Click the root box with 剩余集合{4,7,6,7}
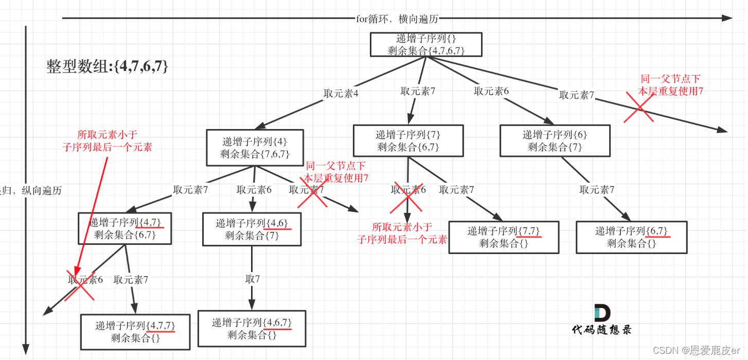click(426, 44)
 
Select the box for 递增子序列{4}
click(255, 147)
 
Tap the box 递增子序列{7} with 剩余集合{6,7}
click(408, 141)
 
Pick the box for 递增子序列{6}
click(555, 141)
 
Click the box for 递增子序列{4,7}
click(124, 228)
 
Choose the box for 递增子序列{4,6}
click(252, 229)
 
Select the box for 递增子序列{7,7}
click(504, 237)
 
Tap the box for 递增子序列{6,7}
click(631, 237)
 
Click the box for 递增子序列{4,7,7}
click(135, 332)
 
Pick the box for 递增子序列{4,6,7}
click(252, 329)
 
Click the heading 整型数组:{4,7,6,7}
click(107, 66)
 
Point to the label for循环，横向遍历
click(397, 19)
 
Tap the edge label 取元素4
click(341, 94)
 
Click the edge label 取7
click(252, 280)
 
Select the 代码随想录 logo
click(602, 319)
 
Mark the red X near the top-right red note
click(639, 107)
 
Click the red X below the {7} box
click(407, 197)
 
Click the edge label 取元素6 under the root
click(491, 91)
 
